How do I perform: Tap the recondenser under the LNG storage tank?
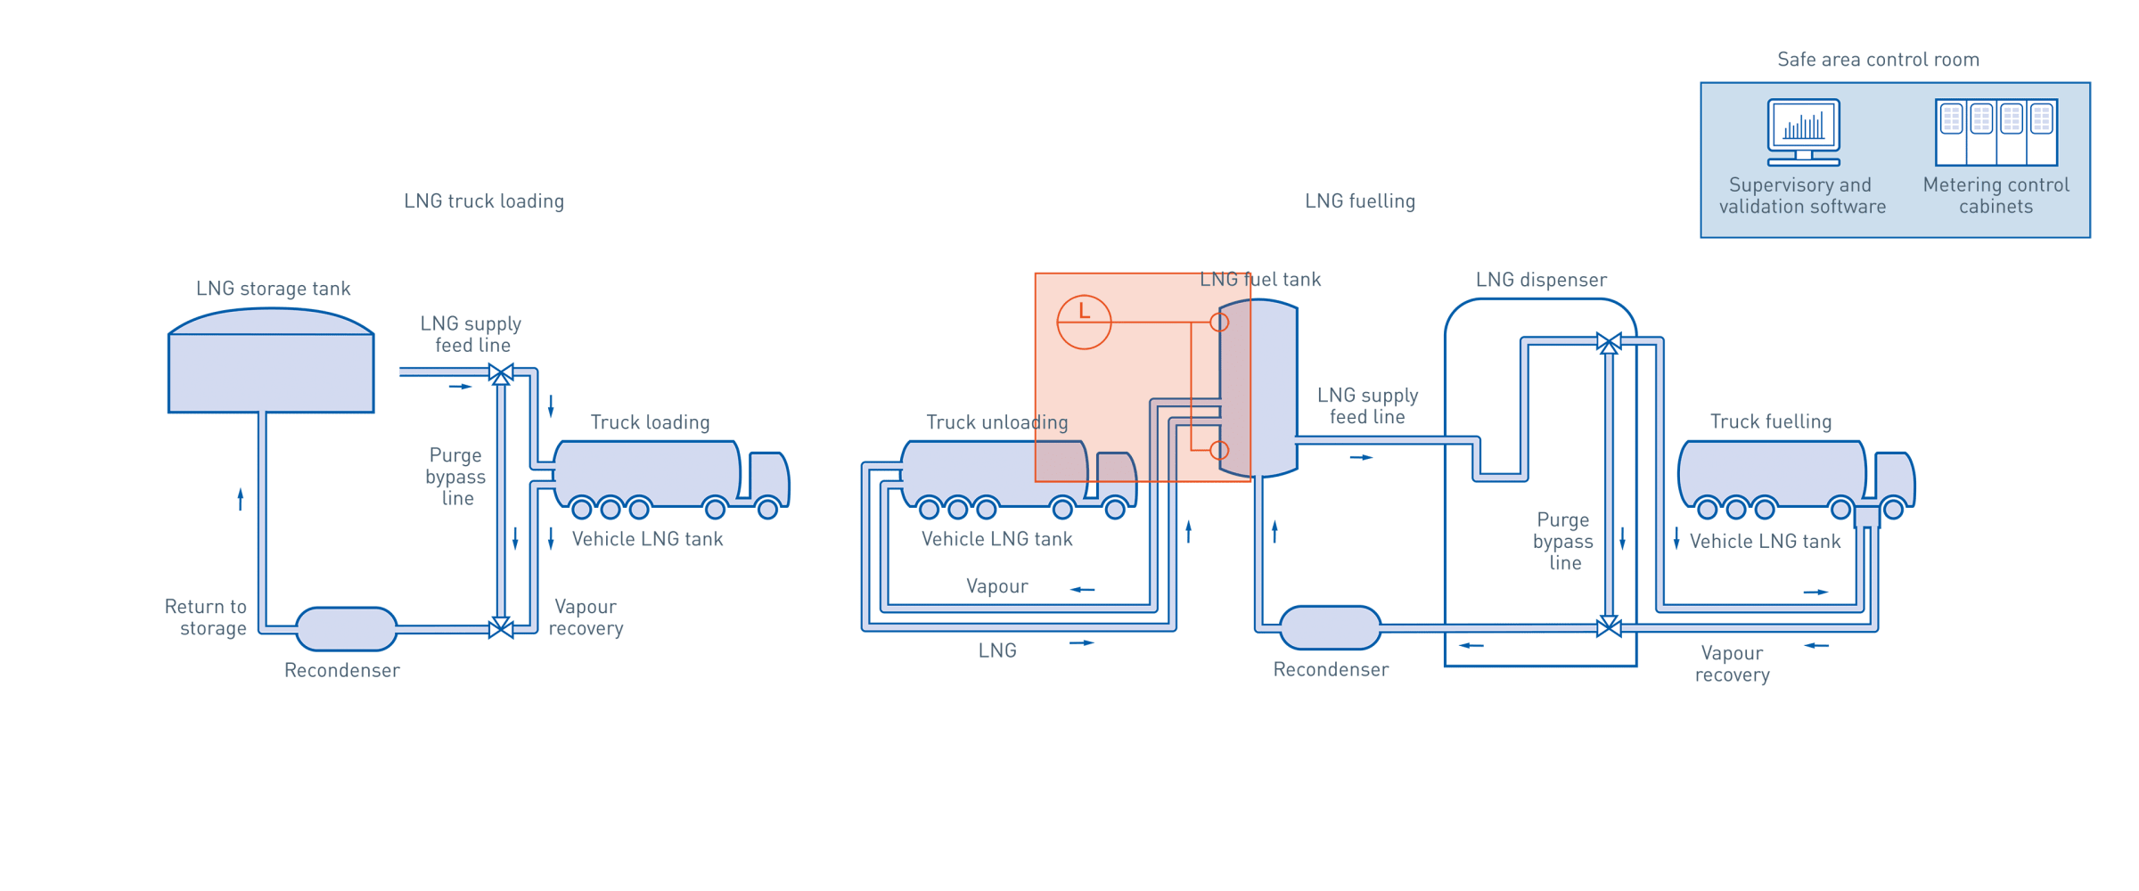click(346, 629)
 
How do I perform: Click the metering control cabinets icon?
click(1996, 132)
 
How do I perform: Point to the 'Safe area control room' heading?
click(1878, 60)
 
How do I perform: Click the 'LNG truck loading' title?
click(484, 201)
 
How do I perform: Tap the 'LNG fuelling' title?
click(1359, 201)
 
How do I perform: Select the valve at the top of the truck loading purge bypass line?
click(501, 372)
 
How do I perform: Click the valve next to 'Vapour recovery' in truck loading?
click(501, 628)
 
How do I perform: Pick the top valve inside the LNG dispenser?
click(1608, 343)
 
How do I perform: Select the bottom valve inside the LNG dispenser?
click(1608, 627)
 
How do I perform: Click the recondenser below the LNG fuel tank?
click(1330, 628)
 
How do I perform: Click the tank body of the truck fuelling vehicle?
click(1772, 472)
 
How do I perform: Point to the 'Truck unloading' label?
click(996, 422)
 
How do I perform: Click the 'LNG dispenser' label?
click(1540, 281)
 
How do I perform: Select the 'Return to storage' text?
click(207, 617)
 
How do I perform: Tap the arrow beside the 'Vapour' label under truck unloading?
click(1082, 590)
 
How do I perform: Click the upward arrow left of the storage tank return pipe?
click(240, 498)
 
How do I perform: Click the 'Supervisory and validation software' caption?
click(1802, 196)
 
